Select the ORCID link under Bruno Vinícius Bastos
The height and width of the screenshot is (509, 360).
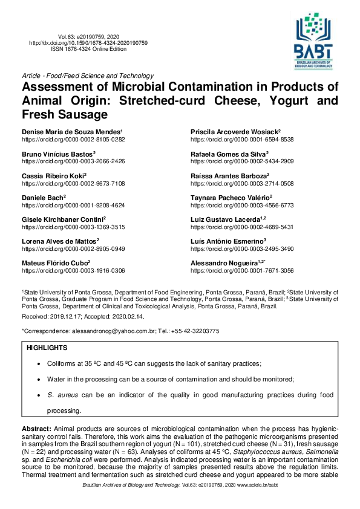tap(73, 161)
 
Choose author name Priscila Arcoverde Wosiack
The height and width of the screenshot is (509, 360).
tap(234, 131)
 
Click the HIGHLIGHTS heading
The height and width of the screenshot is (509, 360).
tap(47, 348)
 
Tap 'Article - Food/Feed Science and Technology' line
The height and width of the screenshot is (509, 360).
tap(87, 76)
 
